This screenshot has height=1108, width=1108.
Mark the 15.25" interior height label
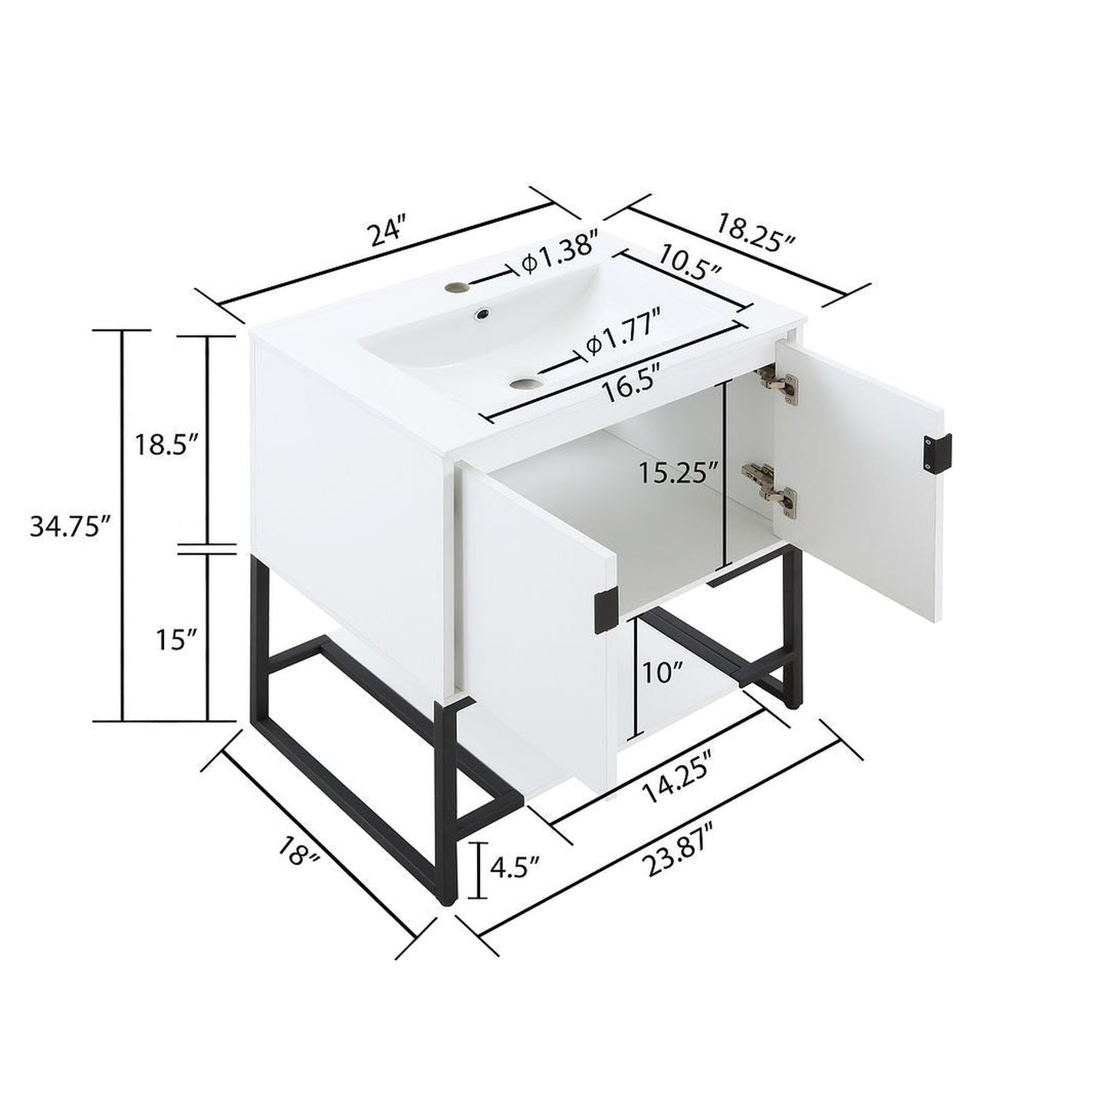tap(680, 473)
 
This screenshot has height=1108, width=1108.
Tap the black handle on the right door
tap(938, 453)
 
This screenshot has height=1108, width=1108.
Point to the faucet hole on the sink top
tap(460, 288)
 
